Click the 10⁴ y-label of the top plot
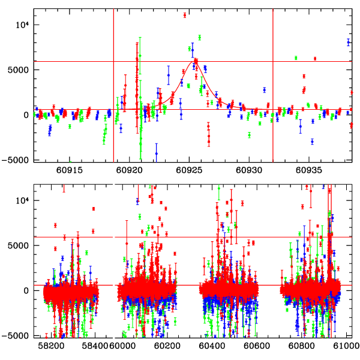click(22, 24)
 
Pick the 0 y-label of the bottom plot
click(26, 290)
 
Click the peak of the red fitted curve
click(196, 61)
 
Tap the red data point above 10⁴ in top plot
click(185, 15)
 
